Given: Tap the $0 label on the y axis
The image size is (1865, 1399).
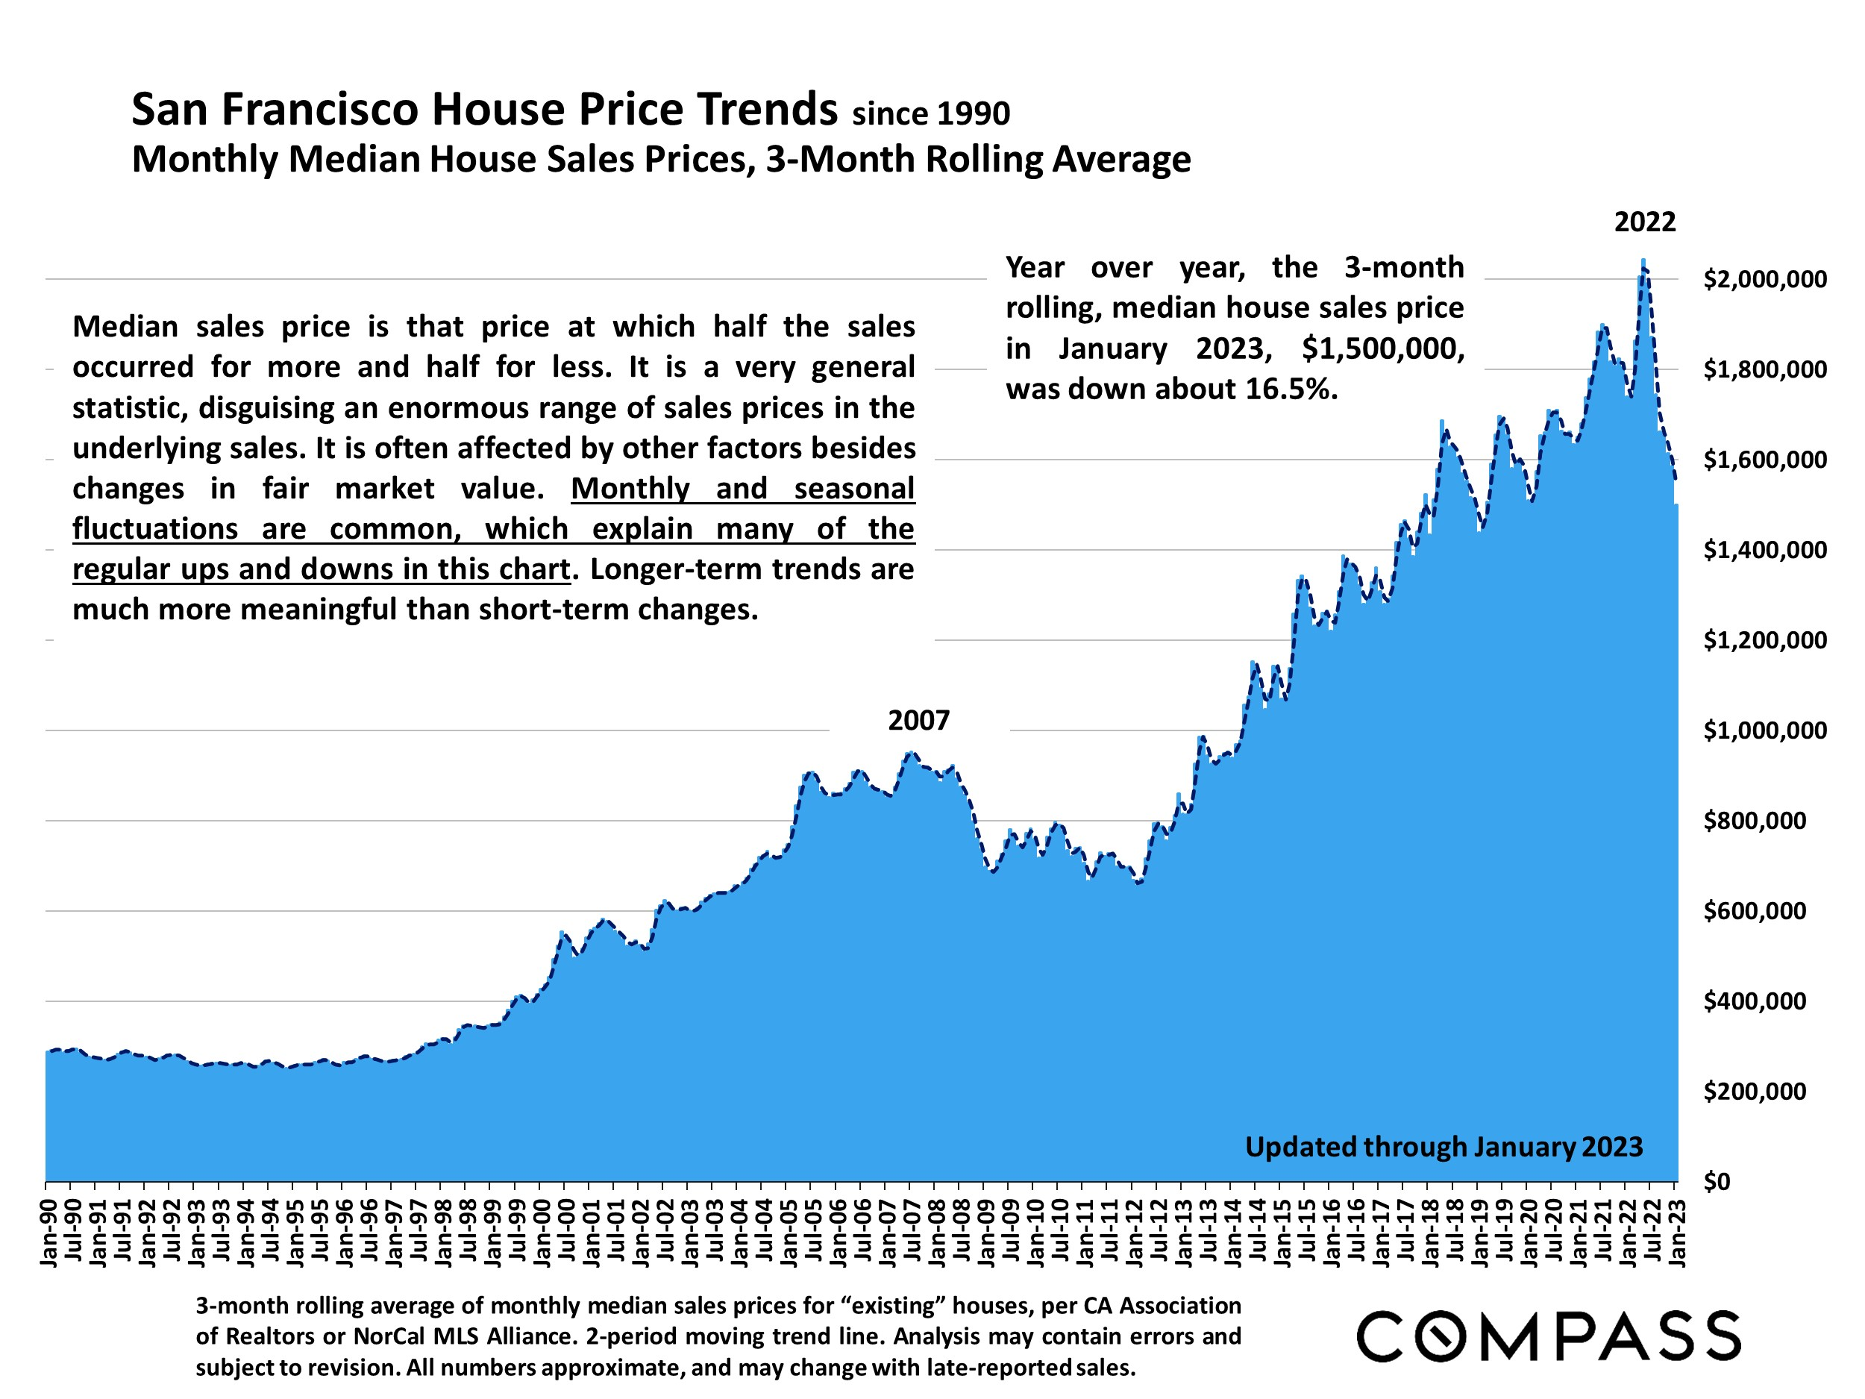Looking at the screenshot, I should click(1717, 1181).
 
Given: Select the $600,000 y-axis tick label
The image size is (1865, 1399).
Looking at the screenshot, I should click(1755, 911).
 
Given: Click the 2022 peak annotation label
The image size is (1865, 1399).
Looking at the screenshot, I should click(1645, 222).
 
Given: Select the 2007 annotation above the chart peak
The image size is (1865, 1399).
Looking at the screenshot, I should click(918, 720).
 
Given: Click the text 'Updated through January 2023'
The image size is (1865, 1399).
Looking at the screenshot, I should click(1444, 1147).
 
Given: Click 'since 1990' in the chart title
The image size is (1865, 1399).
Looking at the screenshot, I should click(930, 114).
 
